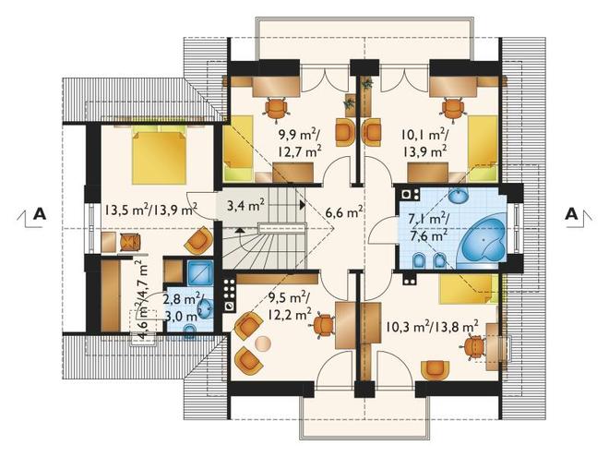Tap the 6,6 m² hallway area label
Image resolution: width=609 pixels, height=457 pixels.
344,213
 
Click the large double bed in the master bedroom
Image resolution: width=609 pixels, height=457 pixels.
159,157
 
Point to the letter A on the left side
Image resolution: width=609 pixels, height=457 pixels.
40,214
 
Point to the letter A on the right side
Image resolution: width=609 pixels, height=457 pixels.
571,213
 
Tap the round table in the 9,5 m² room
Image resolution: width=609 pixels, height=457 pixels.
263,344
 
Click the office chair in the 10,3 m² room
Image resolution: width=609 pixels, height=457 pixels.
474,347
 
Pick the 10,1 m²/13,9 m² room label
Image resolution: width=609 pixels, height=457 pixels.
424,143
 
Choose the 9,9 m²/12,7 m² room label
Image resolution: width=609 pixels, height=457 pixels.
300,143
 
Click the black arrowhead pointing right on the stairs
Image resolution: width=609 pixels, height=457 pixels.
303,204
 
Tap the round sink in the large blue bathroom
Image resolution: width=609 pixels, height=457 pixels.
459,195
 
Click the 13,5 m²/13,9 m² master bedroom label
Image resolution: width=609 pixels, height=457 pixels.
150,210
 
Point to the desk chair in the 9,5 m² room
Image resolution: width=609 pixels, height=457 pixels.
324,325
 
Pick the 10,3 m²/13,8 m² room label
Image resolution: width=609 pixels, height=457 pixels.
432,327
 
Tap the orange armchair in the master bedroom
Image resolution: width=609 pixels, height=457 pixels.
199,241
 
